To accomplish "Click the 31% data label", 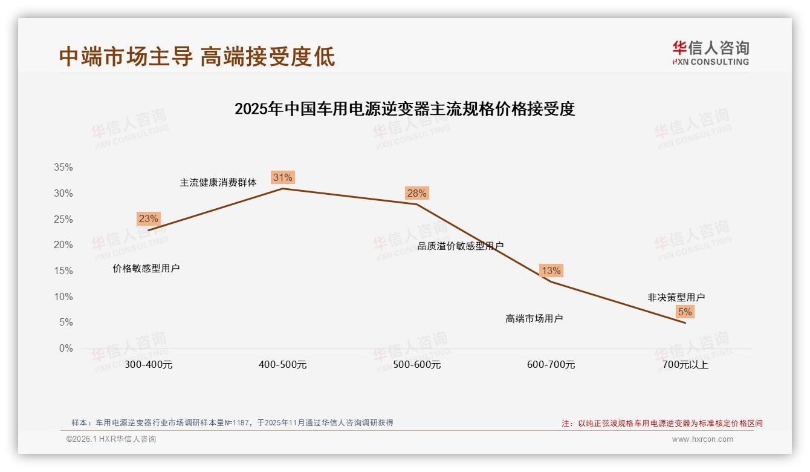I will coord(283,177).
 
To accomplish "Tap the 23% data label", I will coord(148,219).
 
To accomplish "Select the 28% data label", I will coord(416,193).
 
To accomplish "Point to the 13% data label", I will coord(551,270).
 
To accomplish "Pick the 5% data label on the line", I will coord(685,312).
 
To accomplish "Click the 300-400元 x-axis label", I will coord(149,365).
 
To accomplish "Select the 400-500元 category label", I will coord(283,365).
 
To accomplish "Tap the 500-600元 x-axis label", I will coord(417,365).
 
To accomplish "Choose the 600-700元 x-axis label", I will coord(551,365).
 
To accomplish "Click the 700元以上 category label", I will coord(685,365).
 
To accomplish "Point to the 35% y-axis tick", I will coord(63,168).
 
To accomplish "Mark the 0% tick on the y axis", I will coord(66,349).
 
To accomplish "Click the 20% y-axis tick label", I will coord(63,245).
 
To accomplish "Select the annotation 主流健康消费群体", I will coord(218,182).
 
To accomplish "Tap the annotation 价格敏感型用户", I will coord(146,268).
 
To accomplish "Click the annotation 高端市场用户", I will coord(534,318).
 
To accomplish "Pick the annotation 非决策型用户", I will coord(676,297).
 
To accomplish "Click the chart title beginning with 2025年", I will coord(404,109).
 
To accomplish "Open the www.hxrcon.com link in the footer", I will coord(702,439).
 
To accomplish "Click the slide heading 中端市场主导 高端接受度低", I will coord(197,57).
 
